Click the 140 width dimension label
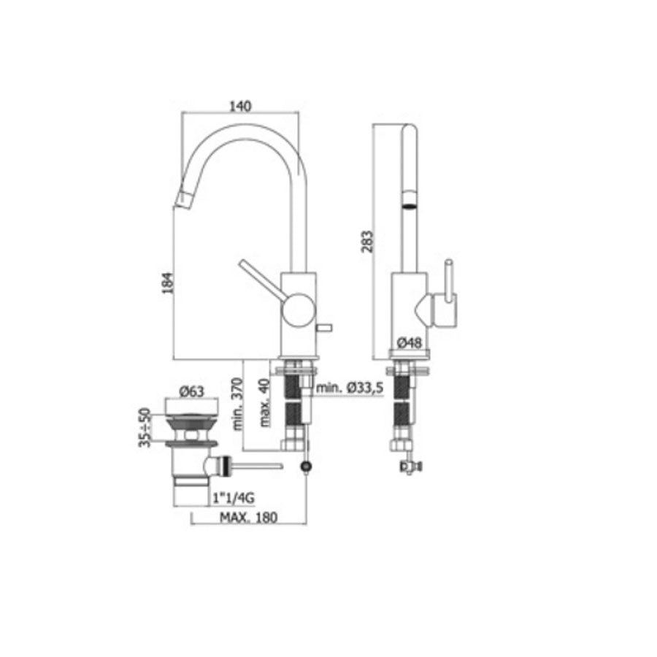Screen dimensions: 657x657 pyautogui.click(x=240, y=106)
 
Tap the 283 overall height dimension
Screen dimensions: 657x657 pyautogui.click(x=367, y=240)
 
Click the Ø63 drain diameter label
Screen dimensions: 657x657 pyautogui.click(x=191, y=392)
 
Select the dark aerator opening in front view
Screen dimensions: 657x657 pyautogui.click(x=410, y=205)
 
